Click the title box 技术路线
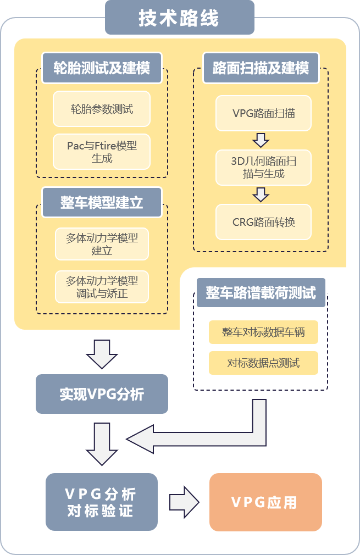179,18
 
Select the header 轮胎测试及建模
102,68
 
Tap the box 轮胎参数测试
102,109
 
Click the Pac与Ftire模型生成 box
102,152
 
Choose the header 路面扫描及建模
261,68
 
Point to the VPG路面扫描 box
263,114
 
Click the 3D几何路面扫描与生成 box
263,168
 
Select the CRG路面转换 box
263,222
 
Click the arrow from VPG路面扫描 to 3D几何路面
261,140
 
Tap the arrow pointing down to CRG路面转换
261,195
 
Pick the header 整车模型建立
102,202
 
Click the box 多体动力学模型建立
102,244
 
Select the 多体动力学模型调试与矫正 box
102,287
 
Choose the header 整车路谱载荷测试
261,292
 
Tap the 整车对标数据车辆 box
263,332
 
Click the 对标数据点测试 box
263,363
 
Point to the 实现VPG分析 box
102,394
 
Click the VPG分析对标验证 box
101,502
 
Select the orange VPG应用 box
265,502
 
